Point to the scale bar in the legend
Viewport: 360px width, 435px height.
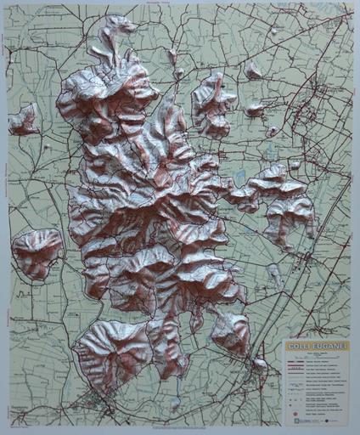click(314, 357)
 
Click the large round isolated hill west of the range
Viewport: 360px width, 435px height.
click(36, 252)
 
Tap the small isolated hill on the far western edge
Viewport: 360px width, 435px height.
click(24, 120)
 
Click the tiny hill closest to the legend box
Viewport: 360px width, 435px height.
click(259, 363)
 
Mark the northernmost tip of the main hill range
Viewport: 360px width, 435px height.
click(119, 23)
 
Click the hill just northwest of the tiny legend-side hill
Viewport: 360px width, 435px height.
click(230, 331)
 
